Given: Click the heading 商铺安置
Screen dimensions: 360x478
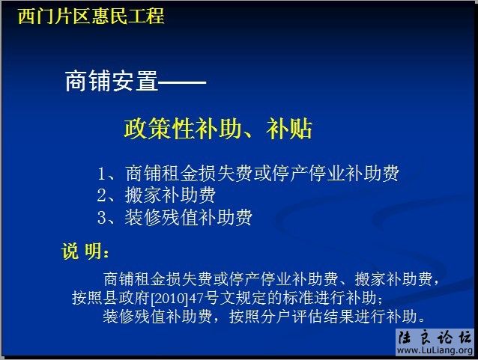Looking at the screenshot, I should pos(112,82).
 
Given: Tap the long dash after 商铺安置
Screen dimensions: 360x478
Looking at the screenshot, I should pos(182,82).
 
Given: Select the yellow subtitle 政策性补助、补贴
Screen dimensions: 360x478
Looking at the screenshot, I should pos(217,129).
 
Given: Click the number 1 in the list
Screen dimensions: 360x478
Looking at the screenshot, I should pos(103,174).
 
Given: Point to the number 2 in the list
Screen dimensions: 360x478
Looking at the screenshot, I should pos(103,196).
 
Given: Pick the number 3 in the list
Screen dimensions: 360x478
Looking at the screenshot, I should pos(103,218).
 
